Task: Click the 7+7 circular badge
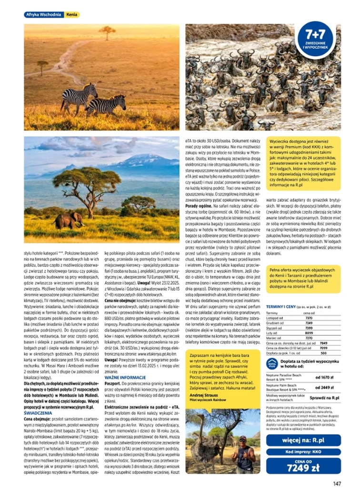pos(315,42)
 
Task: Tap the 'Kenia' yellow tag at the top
pos(72,15)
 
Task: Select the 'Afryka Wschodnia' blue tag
pos(43,15)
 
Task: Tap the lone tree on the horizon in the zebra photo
pos(107,32)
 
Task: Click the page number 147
pos(337,484)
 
